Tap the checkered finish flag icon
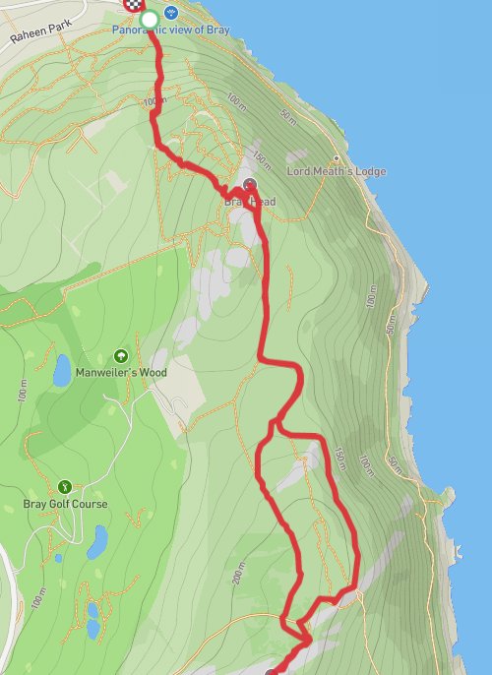click(132, 4)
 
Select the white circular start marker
click(149, 19)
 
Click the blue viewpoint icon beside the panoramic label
click(172, 15)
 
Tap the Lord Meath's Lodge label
click(336, 171)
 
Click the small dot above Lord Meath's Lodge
click(337, 158)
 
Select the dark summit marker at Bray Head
click(249, 184)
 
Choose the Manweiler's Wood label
click(122, 373)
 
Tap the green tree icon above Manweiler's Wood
click(121, 356)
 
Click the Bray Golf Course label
click(65, 504)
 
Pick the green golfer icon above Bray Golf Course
click(65, 486)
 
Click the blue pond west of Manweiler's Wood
click(62, 370)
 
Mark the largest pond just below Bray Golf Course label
click(97, 540)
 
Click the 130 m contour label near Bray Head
click(261, 159)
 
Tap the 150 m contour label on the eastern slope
click(339, 460)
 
